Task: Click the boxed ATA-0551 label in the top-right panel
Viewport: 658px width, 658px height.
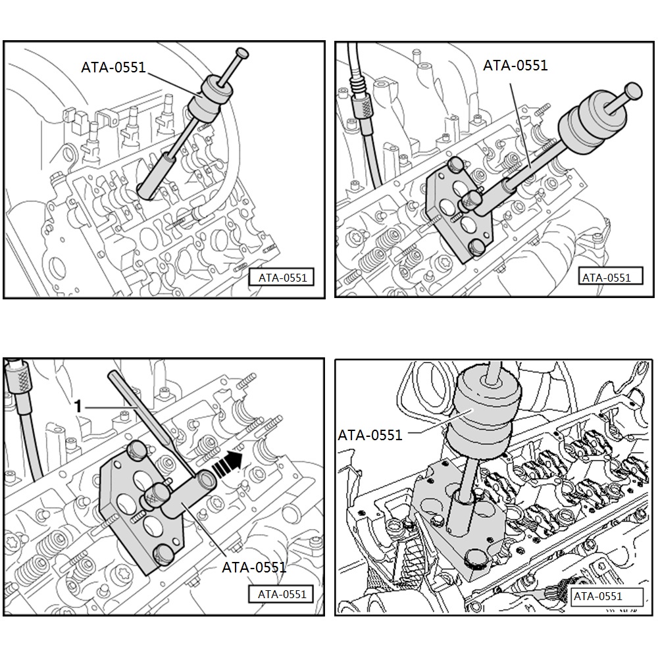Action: [606, 278]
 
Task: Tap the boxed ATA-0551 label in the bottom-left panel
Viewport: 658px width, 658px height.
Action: [282, 594]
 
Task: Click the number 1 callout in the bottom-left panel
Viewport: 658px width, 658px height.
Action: [78, 407]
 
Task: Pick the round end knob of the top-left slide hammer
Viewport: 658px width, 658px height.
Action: [243, 52]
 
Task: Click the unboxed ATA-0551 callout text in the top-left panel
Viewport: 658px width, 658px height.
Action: [113, 67]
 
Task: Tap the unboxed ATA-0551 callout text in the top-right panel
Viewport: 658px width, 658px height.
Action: [515, 64]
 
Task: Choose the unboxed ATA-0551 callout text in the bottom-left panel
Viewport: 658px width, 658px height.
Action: [253, 567]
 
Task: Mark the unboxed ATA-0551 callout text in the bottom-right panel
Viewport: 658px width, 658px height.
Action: [370, 435]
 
